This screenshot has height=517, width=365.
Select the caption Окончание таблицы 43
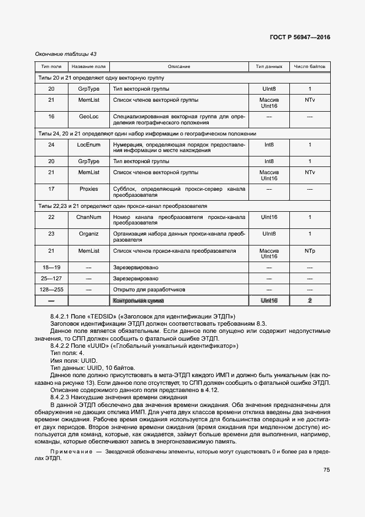[66, 54]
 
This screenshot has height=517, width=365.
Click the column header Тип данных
[269, 66]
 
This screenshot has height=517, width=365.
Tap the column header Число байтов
[310, 66]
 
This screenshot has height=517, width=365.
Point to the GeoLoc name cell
[88, 117]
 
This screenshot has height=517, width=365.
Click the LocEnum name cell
[88, 145]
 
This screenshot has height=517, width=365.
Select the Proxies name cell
[88, 189]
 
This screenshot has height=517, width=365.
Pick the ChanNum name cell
[88, 217]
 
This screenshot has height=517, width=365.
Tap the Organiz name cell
[88, 234]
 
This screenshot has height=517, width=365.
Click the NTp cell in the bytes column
[310, 251]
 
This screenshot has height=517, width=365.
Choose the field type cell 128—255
[51, 289]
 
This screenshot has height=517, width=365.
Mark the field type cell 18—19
[51, 268]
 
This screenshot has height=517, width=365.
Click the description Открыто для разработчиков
[149, 289]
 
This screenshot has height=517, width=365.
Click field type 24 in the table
[51, 145]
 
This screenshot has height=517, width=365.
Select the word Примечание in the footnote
[71, 452]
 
